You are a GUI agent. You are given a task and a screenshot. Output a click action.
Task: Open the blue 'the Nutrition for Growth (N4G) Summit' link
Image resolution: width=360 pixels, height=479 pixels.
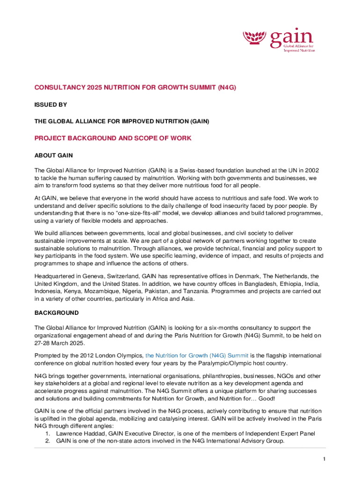tap(197, 356)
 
